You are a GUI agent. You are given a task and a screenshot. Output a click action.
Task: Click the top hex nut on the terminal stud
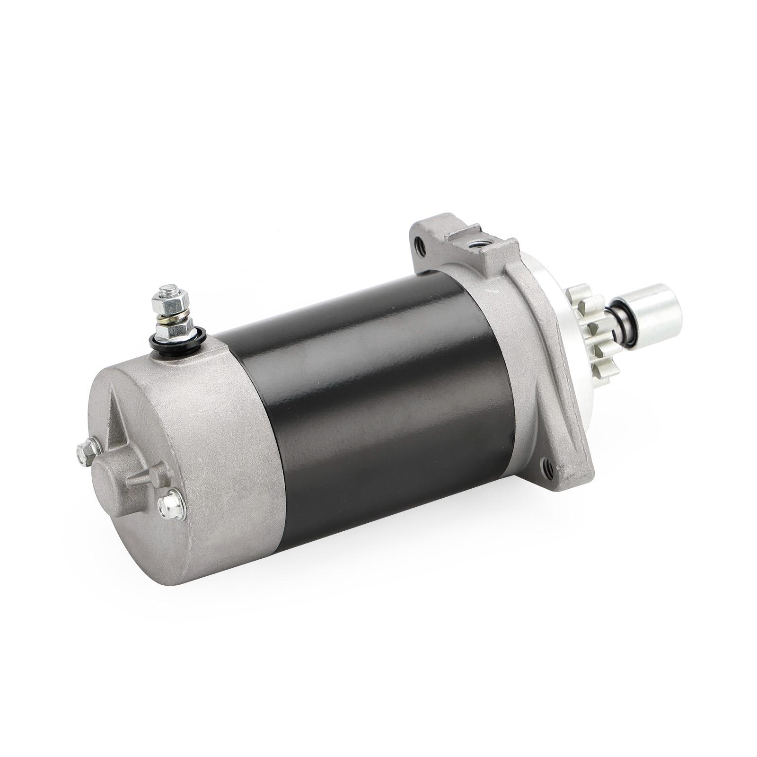[169, 299]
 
